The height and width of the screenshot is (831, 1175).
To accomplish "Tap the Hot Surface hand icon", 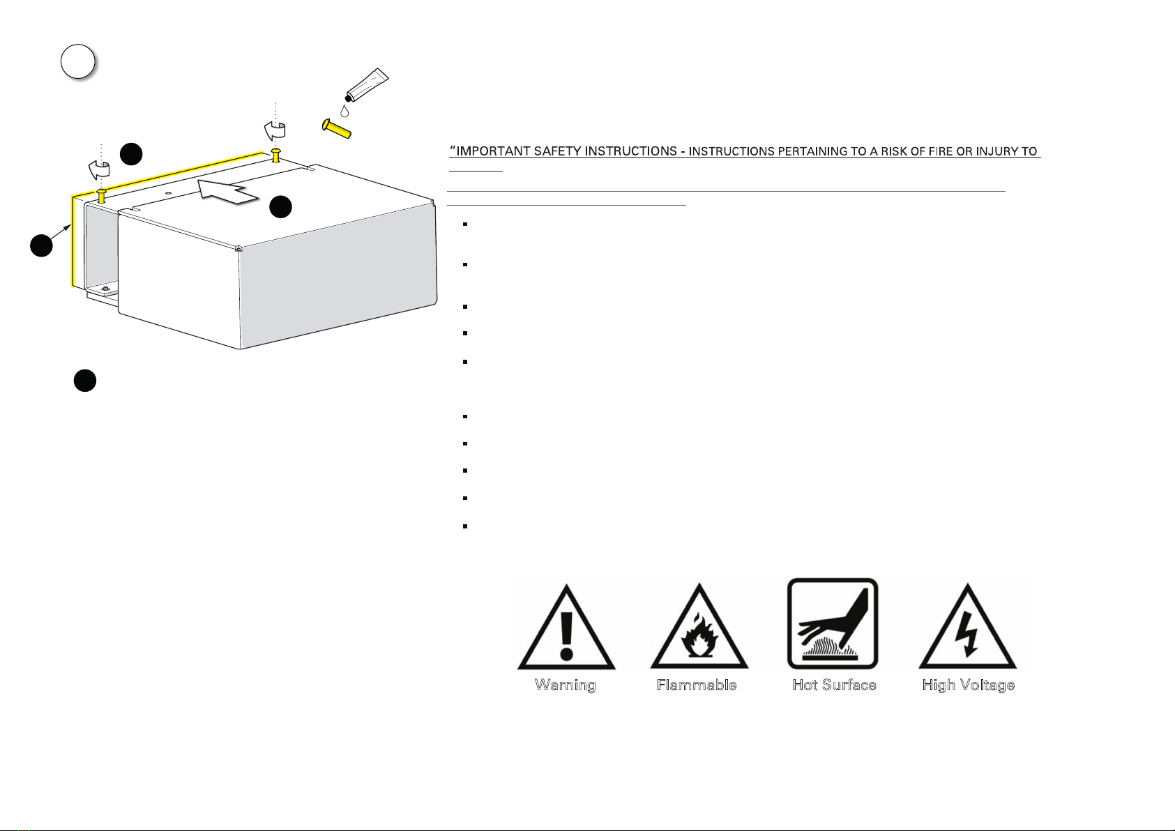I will tap(833, 623).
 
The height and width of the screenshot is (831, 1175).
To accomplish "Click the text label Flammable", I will tap(697, 685).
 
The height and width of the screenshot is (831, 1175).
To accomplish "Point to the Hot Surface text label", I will tap(834, 685).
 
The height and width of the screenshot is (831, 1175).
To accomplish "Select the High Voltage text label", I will tap(968, 685).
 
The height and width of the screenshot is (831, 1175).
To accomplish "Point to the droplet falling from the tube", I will tap(344, 111).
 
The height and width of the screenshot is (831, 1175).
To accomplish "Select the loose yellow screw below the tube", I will tap(337, 128).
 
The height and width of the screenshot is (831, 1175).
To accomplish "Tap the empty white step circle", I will tap(77, 62).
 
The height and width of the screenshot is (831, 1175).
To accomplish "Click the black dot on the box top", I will tap(280, 206).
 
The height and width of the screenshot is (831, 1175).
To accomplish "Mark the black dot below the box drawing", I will tap(85, 381).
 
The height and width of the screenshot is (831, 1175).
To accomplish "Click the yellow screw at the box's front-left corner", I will tap(102, 196).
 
